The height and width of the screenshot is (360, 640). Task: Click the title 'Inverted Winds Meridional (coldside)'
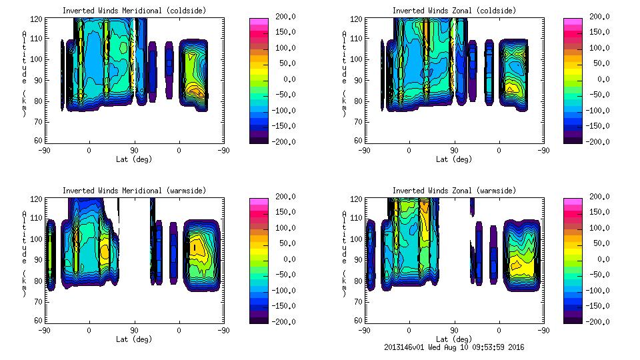134,11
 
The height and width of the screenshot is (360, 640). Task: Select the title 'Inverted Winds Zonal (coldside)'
454,11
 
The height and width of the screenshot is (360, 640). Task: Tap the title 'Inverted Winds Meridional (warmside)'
134,191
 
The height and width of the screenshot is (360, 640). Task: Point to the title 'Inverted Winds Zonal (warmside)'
454,191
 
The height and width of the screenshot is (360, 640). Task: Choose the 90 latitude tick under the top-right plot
454,151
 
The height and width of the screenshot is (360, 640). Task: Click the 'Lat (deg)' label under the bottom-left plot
134,339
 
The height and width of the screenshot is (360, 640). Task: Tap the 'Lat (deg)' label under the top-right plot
454,159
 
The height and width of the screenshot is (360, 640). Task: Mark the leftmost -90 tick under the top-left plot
44,151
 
